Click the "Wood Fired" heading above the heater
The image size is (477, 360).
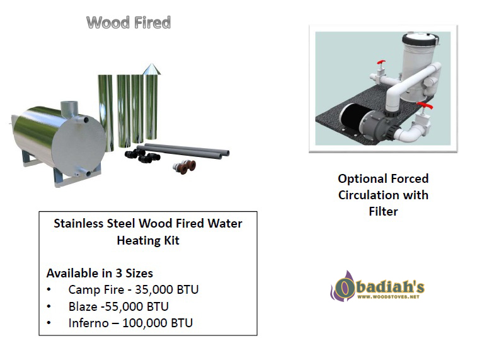point(129,23)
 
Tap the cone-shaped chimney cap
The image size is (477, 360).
point(151,69)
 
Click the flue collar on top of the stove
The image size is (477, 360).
point(69,108)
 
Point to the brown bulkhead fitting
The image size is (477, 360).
point(188,167)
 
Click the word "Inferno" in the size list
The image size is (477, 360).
point(88,323)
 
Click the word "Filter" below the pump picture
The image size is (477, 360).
point(383,211)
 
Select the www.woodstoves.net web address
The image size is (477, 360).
point(389,297)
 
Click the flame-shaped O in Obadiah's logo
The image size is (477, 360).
point(343,287)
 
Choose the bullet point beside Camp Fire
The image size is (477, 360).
point(49,289)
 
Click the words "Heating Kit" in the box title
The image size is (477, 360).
point(148,241)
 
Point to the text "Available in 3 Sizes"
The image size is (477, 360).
point(100,273)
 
